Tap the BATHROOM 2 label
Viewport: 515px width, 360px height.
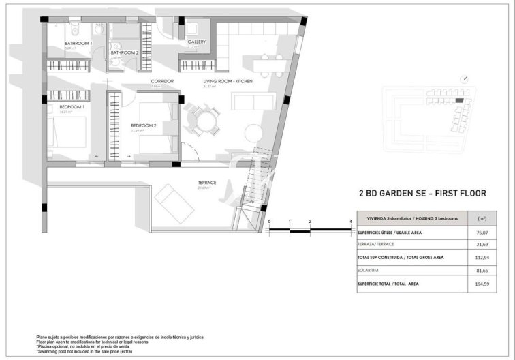tap(125, 52)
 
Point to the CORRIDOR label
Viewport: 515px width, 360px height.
tap(162, 81)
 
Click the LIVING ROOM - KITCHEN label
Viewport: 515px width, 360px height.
tap(228, 82)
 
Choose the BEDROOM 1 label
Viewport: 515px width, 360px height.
tap(72, 107)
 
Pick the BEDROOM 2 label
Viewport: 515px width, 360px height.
tap(144, 125)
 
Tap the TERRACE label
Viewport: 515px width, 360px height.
tap(206, 182)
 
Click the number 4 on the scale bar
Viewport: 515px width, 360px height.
tap(350, 222)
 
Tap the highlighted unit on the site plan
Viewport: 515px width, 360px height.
tap(458, 100)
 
